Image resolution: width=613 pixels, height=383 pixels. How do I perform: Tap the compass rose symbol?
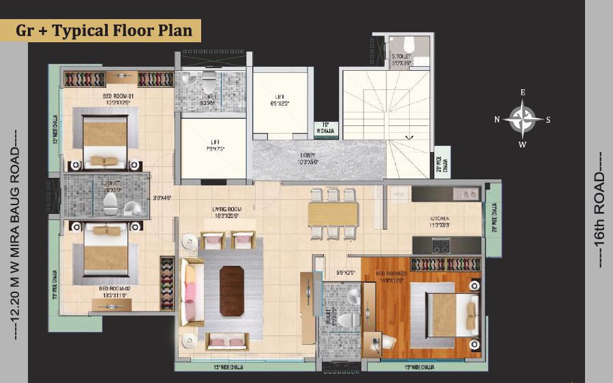[522, 119]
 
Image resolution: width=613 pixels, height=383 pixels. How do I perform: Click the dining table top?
[333, 214]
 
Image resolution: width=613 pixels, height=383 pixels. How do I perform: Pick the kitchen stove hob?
[441, 245]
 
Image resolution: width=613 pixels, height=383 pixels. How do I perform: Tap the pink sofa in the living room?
[190, 292]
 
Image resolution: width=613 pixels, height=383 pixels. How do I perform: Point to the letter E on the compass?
[522, 92]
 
